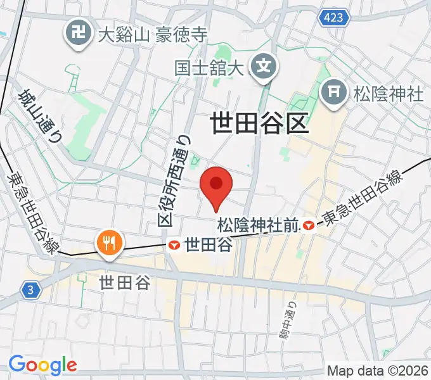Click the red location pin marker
pos(216,186)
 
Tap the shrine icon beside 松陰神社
pos(335,94)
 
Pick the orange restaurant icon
pos(109,242)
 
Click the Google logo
pos(42,365)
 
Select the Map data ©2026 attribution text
pos(377,370)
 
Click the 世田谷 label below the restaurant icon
pos(125,282)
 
